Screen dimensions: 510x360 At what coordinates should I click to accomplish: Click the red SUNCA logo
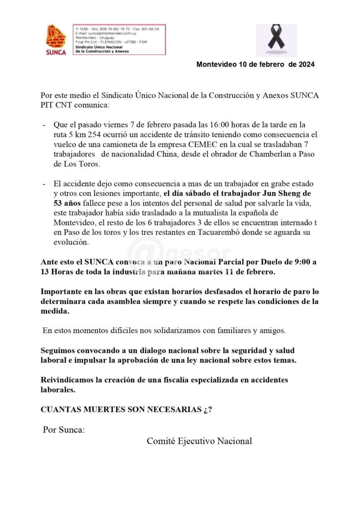pos(56,40)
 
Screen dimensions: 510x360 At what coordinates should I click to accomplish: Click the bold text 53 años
pos(67,204)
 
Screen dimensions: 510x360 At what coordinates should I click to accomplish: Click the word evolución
pos(71,242)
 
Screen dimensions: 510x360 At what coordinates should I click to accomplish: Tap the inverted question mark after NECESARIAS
pos(206,410)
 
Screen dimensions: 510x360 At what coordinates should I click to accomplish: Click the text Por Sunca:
pos(64,430)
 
